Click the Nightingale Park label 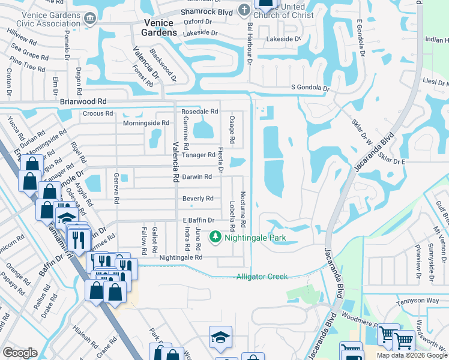[x=255, y=238]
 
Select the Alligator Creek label [x=262, y=276]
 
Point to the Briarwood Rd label [x=83, y=102]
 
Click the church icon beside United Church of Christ [x=243, y=10]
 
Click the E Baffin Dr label [x=198, y=221]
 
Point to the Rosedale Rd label [x=199, y=112]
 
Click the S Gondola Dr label [x=310, y=88]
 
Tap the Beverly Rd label [x=198, y=199]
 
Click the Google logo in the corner [x=20, y=353]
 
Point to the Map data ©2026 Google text [x=411, y=355]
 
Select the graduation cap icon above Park [x=220, y=337]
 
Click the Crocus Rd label [x=98, y=113]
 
